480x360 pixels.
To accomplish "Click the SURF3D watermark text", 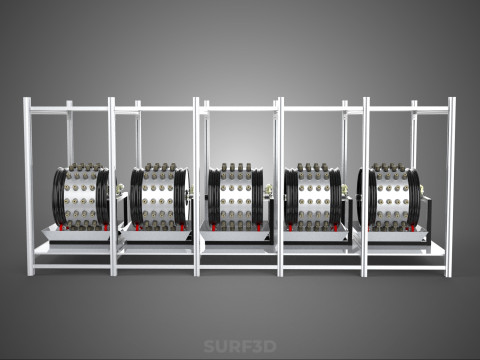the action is click(x=240, y=346).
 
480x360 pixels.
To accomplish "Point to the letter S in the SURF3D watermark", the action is click(x=209, y=346).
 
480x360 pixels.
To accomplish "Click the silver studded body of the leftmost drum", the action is click(x=81, y=197).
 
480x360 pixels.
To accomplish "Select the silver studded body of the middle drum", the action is click(x=236, y=197).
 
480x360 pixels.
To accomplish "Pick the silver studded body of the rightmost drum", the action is click(x=391, y=197).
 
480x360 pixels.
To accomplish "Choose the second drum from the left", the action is click(x=159, y=197).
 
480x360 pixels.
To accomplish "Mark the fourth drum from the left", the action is click(x=313, y=197).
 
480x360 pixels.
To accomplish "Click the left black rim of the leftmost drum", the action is click(x=59, y=197).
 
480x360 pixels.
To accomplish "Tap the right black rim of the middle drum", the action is click(x=257, y=197).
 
